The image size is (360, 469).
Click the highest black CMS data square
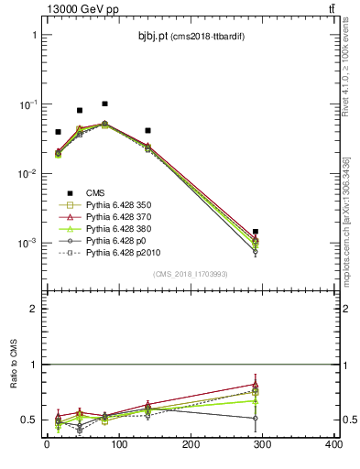pos(104,104)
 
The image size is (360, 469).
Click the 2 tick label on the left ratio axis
pos(34,309)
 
